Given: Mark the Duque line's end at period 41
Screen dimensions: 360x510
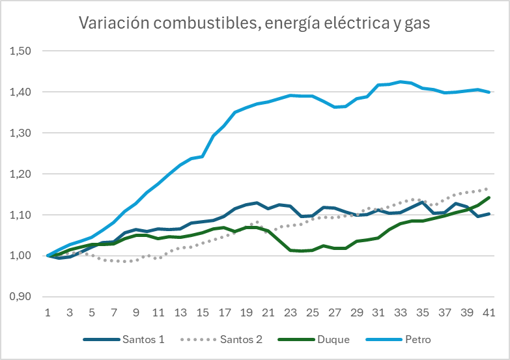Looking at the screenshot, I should pyautogui.click(x=489, y=197).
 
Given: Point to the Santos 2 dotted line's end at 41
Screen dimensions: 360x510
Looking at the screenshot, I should pyautogui.click(x=489, y=189).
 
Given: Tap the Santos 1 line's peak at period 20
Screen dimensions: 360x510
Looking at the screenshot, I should pyautogui.click(x=257, y=202).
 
